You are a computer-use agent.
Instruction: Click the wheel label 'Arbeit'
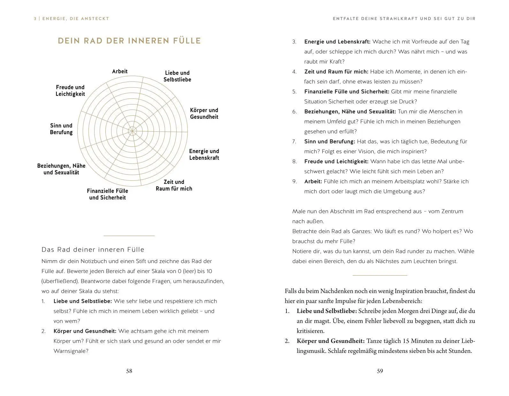tap(120, 71)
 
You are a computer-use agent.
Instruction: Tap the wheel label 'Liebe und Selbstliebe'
tap(177, 76)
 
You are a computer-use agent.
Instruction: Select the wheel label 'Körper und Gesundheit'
tap(204, 113)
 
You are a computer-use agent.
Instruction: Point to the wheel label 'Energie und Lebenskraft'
tap(204, 154)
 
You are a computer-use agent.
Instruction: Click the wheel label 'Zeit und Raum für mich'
tap(174, 185)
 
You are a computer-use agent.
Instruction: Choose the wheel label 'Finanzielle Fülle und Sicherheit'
tap(107, 194)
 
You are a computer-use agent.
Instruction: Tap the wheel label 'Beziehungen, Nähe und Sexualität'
tap(61, 169)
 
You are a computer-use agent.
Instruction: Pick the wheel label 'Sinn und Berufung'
tap(61, 129)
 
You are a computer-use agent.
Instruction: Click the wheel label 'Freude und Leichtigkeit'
tap(70, 90)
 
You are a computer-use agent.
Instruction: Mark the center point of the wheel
tap(133, 131)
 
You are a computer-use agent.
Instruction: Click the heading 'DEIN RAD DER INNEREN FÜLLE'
tap(129, 41)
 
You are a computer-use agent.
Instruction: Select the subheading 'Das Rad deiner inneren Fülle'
tap(93, 249)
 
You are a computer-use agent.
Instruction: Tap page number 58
tap(129, 371)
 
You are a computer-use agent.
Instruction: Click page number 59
tap(380, 371)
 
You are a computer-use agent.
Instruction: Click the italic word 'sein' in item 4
tap(322, 81)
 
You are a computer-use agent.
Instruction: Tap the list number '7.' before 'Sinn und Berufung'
tap(294, 141)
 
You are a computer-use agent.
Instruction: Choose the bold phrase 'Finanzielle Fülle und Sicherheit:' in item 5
tap(347, 92)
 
